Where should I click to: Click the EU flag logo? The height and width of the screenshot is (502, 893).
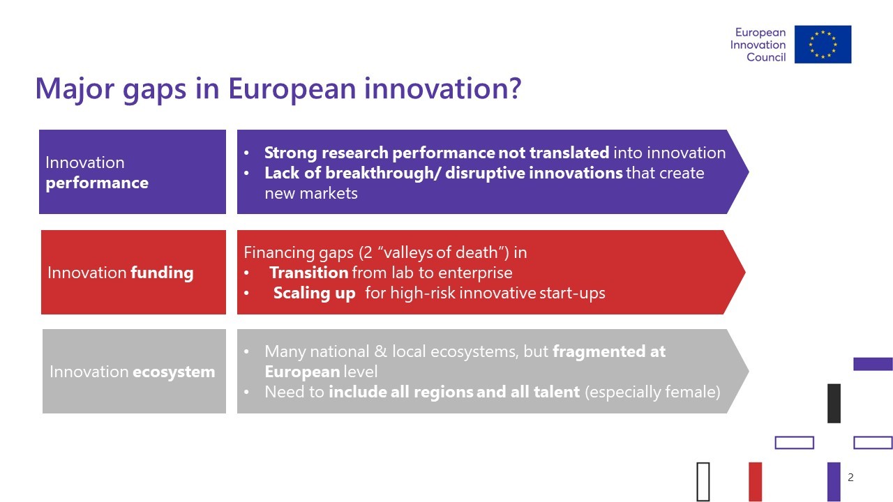(x=823, y=44)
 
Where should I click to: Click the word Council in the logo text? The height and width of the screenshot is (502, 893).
(x=766, y=57)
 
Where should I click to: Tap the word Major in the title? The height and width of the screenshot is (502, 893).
(x=75, y=89)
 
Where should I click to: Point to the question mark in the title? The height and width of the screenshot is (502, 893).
(x=515, y=87)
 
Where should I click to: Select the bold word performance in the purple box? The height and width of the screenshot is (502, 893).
(x=97, y=183)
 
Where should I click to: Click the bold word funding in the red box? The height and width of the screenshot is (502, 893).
(x=162, y=273)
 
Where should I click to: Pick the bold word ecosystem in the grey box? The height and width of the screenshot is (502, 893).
(x=174, y=372)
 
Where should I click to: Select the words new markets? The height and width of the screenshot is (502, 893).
(x=311, y=194)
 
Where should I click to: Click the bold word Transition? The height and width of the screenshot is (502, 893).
(x=309, y=273)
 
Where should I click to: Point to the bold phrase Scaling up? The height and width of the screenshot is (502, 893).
(x=314, y=294)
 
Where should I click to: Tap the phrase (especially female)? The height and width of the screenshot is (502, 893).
(x=652, y=393)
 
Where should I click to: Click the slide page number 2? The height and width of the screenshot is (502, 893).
(x=850, y=478)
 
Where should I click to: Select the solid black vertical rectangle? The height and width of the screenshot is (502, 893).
(x=834, y=403)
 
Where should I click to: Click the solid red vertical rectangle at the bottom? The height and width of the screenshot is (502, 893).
(x=756, y=481)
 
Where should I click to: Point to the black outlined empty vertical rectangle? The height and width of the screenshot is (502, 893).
(x=698, y=481)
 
